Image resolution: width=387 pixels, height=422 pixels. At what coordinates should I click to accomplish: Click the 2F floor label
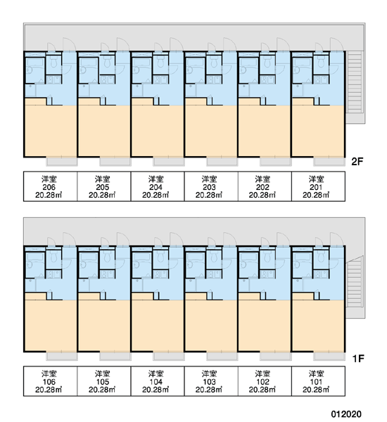coord(357,162)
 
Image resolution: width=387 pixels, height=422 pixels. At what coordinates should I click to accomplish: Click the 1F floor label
coord(358,359)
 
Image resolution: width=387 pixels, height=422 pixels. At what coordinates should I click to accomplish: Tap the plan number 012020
coord(346,414)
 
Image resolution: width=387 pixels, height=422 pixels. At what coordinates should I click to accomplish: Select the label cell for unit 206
coord(51,186)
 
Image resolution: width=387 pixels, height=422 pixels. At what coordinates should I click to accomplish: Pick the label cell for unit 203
coord(211,186)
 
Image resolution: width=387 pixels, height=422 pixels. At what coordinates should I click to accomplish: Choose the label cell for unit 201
coord(318,186)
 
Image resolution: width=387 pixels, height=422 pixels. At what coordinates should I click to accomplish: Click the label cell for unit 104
coord(158,381)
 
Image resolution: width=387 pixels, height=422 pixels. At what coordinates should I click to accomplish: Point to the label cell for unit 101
coord(318,381)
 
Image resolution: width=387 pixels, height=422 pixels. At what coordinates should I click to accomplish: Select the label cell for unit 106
coord(51,381)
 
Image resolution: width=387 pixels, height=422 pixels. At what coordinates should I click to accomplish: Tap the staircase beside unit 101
coord(355,286)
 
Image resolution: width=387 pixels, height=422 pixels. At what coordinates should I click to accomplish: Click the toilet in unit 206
coord(53,62)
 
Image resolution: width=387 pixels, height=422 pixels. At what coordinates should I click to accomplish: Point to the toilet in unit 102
coord(267,257)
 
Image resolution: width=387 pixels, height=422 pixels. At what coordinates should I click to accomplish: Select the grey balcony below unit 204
coord(169,162)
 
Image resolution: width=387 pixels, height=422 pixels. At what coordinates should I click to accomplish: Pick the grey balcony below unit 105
coord(115,357)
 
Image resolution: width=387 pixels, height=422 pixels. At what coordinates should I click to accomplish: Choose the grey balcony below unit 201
coord(329,162)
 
